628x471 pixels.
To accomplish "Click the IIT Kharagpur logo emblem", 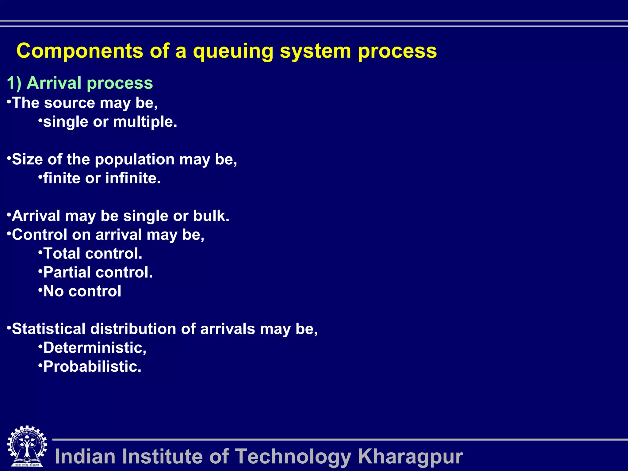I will [x=27, y=446].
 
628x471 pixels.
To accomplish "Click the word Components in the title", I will [x=80, y=51].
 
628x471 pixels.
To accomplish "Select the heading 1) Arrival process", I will [x=80, y=83].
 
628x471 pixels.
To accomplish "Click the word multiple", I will [x=145, y=122].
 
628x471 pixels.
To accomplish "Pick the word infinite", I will [x=133, y=178].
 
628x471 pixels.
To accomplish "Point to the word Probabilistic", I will [x=92, y=367].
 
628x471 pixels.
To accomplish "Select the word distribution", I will [x=133, y=329].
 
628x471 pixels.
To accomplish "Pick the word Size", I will [x=27, y=159].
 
